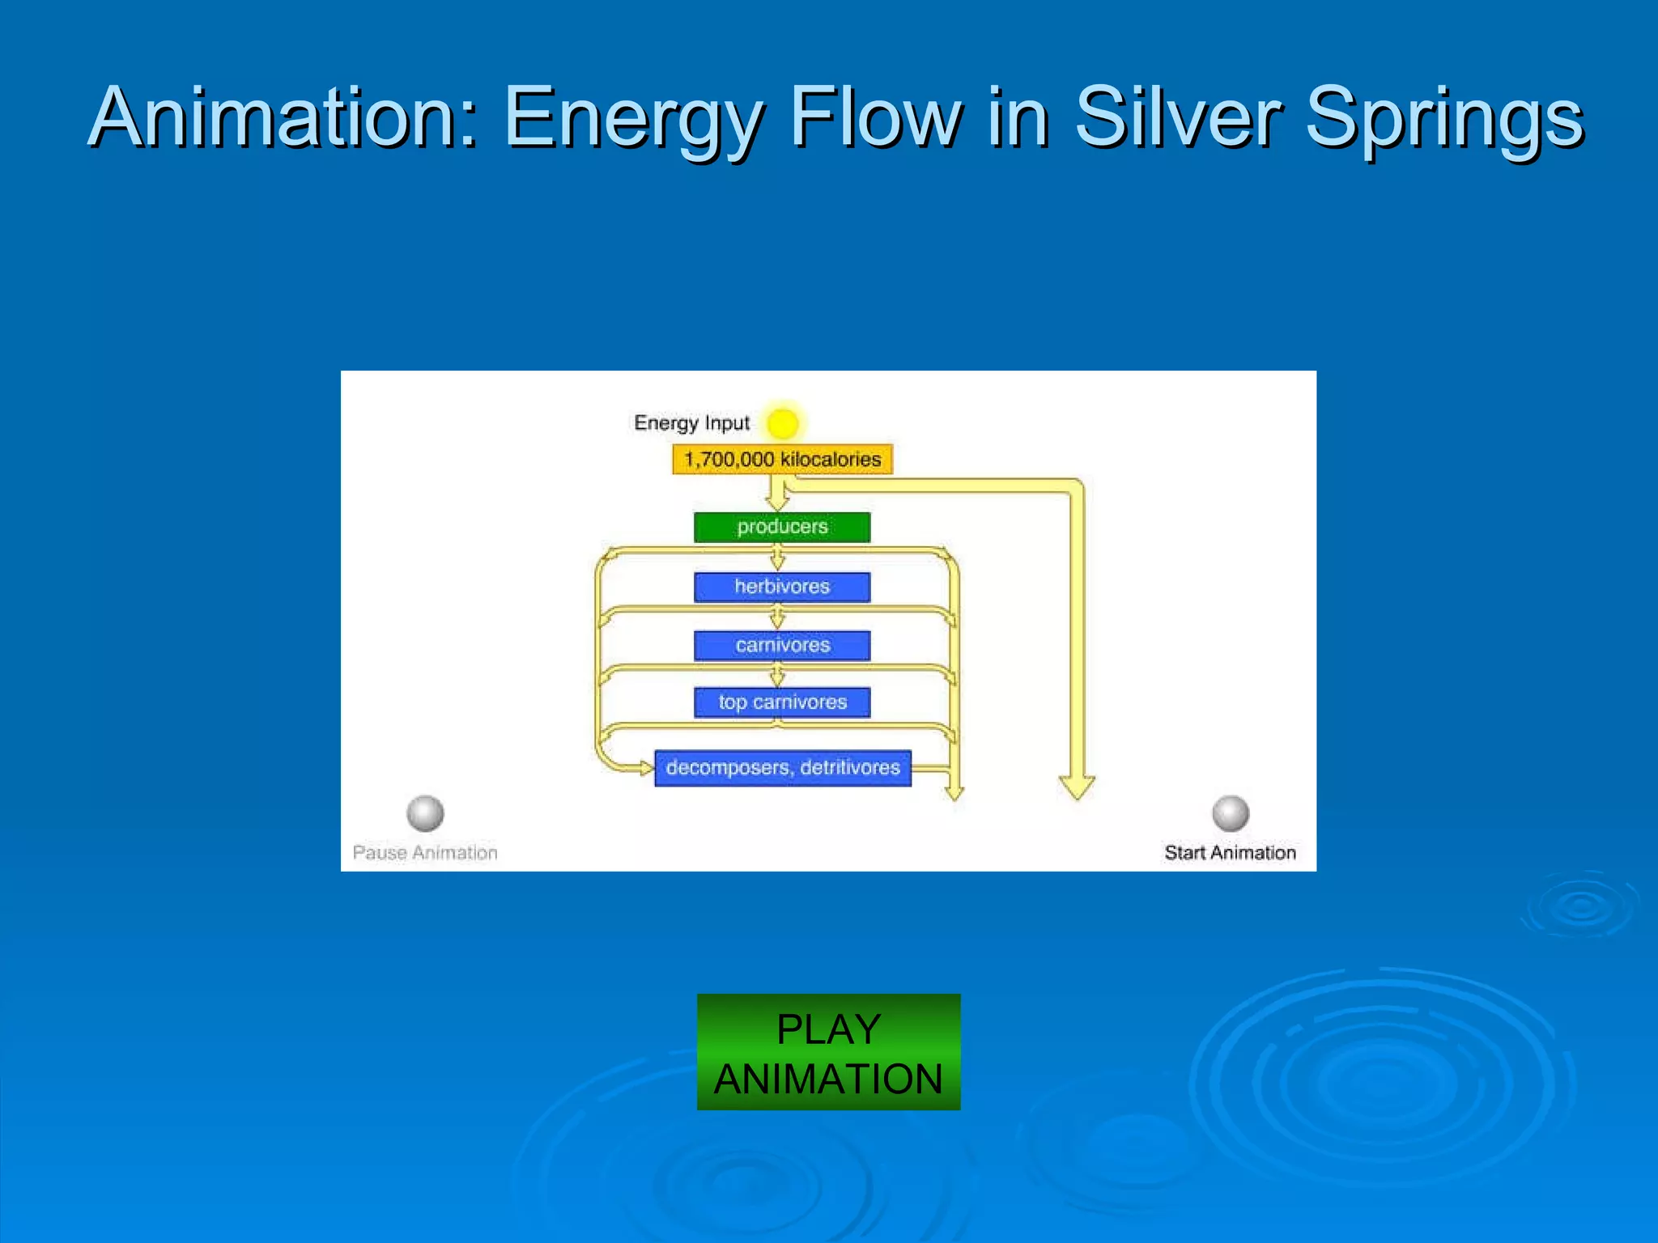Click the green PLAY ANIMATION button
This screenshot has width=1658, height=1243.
point(828,1051)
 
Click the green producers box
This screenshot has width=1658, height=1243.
point(782,527)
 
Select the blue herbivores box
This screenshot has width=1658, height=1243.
point(782,587)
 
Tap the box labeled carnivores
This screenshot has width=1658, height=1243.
point(782,645)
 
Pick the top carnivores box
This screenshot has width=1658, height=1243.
point(782,702)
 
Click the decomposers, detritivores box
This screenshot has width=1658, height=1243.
point(782,767)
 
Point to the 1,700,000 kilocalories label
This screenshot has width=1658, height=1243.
point(782,459)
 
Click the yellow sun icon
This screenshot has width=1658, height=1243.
point(783,422)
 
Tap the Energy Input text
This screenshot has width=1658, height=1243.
point(691,423)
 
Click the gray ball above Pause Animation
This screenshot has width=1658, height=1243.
point(425,812)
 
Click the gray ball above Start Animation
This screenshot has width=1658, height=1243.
point(1230,812)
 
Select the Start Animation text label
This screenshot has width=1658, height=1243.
point(1230,852)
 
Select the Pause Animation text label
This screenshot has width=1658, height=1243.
point(425,852)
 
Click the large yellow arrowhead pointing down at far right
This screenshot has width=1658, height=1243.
point(1077,787)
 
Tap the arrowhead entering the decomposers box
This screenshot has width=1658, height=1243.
point(646,767)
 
